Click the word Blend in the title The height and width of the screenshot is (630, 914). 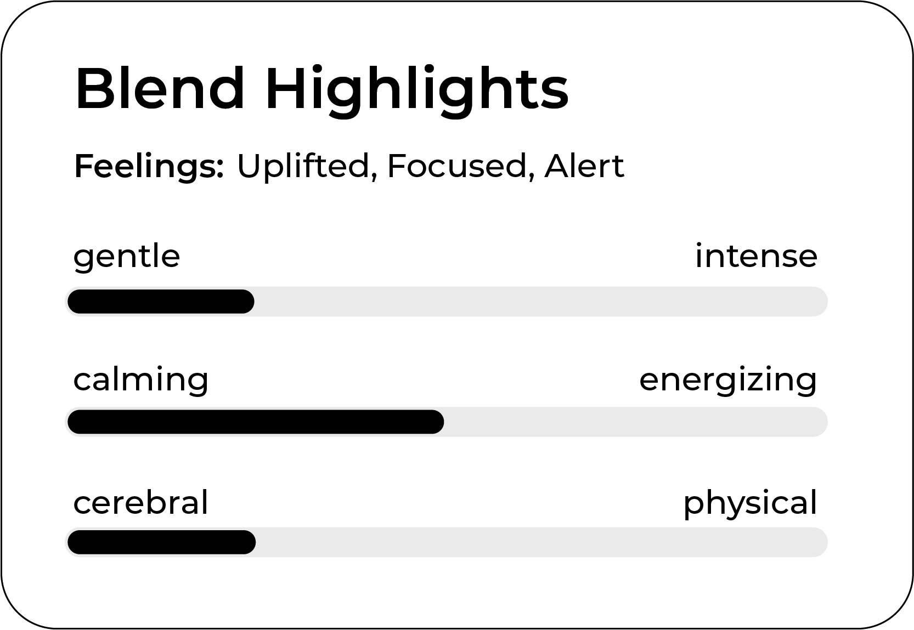point(160,88)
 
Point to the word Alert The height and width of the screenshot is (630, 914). point(584,166)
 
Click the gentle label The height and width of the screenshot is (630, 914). point(127,257)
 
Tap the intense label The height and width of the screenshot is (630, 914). point(756,256)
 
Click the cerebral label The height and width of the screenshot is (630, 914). point(141,502)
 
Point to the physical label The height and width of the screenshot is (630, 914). point(751,504)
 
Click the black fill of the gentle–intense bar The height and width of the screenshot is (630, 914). point(161,302)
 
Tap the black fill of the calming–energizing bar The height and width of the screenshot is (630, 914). point(256,422)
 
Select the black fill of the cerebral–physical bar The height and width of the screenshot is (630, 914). point(162,542)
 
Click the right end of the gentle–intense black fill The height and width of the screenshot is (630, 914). point(254,302)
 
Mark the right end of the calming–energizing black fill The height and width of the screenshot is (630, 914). point(443,422)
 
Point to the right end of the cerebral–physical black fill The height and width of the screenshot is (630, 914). point(255,542)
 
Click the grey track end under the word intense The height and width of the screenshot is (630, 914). point(827,302)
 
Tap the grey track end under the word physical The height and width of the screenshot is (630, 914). point(827,542)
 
